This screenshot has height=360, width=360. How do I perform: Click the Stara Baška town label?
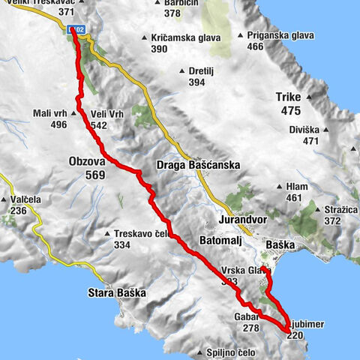pyautogui.click(x=115, y=292)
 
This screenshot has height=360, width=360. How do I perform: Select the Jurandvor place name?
pyautogui.click(x=242, y=222)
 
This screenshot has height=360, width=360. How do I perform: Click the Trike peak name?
pyautogui.click(x=287, y=96)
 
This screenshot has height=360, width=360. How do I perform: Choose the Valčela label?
pyautogui.click(x=25, y=200)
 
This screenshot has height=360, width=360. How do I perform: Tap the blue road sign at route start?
pyautogui.click(x=76, y=28)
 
